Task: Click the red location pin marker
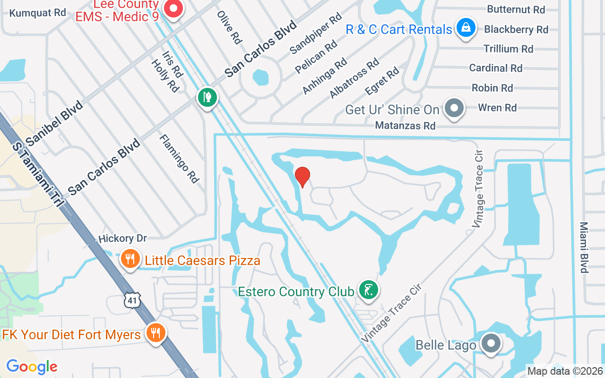coord(302,177)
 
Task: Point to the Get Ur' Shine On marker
coord(454,108)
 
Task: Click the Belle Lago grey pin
coord(492,344)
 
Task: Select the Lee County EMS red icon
coord(173,8)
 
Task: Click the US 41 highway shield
coord(133,300)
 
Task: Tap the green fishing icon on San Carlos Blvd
coord(207,97)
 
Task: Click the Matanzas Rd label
coord(405,126)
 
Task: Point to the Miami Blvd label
coord(584,247)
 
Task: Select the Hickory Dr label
coord(123,239)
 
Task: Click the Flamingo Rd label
coord(179,158)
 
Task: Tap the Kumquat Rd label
coord(38,13)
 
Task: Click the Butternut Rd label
coord(516,9)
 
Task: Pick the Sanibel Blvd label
coord(54,123)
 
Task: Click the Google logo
coord(32,367)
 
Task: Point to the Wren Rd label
coord(497,108)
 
